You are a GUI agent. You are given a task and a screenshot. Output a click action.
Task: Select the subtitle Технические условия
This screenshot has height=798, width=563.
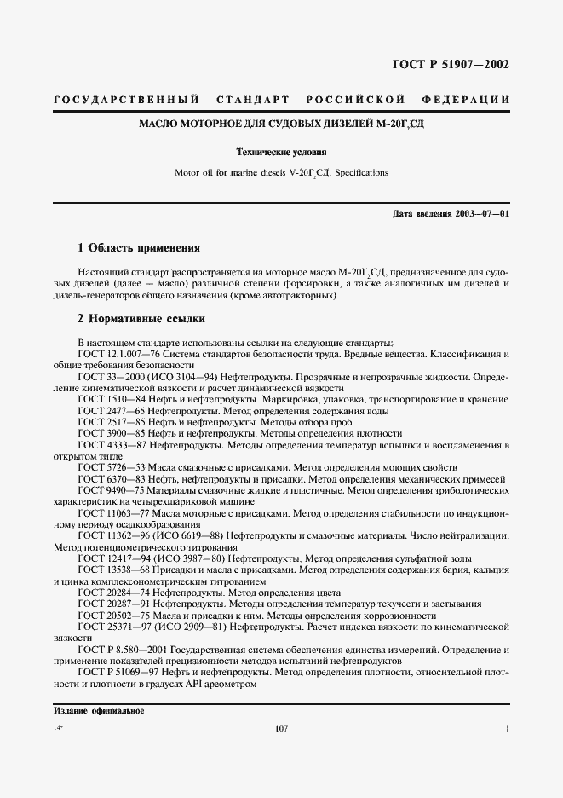tap(281, 153)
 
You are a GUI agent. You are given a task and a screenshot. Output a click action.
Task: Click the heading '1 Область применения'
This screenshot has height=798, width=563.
tap(138, 248)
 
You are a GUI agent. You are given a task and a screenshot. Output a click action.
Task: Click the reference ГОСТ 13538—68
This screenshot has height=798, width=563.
tap(112, 568)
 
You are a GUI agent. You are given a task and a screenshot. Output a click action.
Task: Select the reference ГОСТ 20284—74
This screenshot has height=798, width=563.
tap(112, 592)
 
